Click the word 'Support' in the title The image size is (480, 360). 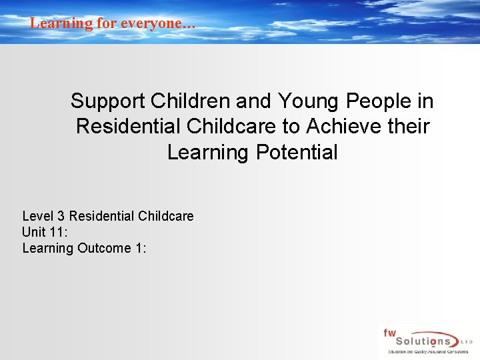(108, 101)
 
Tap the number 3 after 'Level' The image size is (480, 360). (62, 216)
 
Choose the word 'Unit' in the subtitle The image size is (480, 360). (34, 232)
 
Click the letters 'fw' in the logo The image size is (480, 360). (389, 333)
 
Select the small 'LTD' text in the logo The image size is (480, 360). (467, 341)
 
